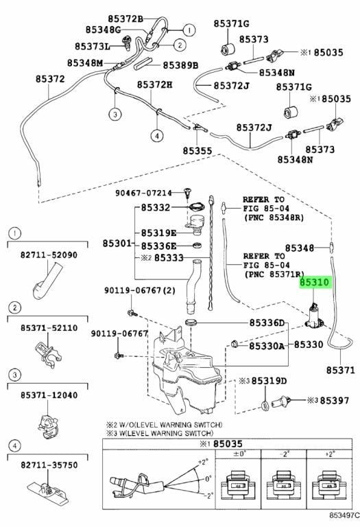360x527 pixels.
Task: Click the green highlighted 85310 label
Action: [313, 283]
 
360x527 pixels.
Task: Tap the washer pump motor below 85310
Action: [314, 316]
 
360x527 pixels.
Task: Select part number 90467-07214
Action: [144, 193]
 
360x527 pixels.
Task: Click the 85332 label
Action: [156, 208]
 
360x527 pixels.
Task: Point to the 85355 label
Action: [197, 151]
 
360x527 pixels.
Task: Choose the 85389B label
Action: [180, 65]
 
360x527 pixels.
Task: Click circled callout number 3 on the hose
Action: [115, 115]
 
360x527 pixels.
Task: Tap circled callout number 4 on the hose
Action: [157, 136]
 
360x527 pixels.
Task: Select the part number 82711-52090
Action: [49, 255]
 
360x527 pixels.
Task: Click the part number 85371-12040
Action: [49, 395]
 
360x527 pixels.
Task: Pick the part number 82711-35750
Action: [49, 465]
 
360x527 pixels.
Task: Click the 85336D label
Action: [267, 323]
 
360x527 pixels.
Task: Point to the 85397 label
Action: [335, 401]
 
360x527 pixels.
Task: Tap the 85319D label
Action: [269, 381]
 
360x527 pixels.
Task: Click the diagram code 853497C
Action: [344, 515]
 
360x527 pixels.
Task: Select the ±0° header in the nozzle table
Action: [238, 454]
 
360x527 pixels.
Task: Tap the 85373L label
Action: [93, 46]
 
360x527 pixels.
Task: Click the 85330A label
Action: [267, 346]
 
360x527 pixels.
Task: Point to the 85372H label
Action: [154, 84]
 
